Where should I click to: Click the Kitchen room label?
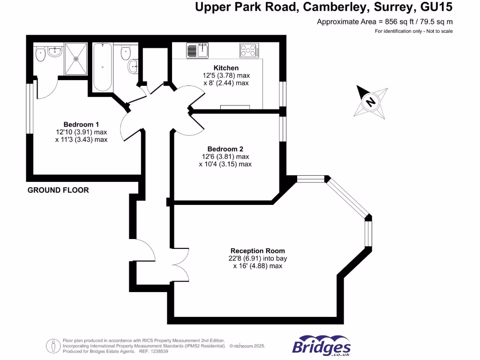click(226, 68)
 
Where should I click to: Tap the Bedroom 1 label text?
click(81, 124)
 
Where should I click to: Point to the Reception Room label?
click(257, 251)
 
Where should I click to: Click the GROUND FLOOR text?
click(58, 190)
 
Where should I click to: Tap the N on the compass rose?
click(371, 101)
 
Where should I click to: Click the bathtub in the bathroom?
click(103, 67)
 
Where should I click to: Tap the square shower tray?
click(75, 59)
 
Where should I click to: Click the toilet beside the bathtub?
click(126, 52)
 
